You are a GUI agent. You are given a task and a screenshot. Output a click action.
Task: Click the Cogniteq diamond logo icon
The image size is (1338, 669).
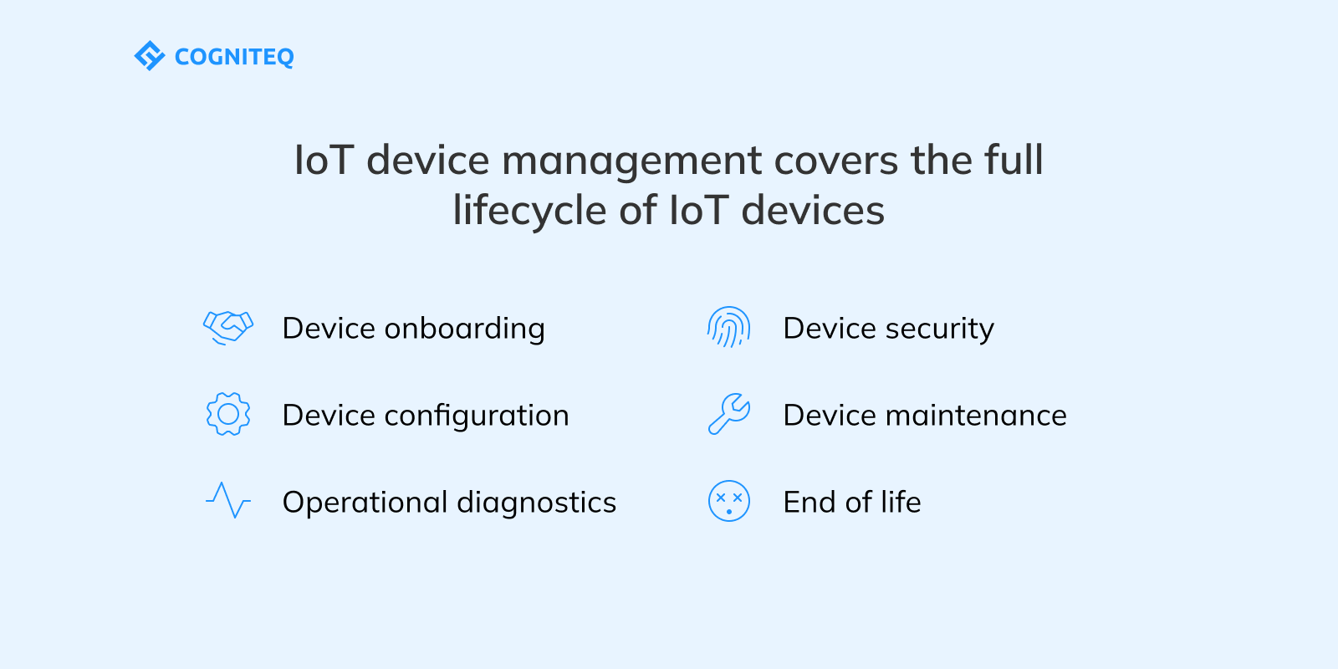tap(149, 56)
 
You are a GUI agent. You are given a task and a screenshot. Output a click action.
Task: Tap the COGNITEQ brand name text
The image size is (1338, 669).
tap(234, 57)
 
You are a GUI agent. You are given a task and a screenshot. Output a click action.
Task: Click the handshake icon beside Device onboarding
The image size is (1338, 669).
tap(228, 327)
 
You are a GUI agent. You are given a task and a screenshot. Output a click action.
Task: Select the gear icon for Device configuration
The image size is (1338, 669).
tap(228, 414)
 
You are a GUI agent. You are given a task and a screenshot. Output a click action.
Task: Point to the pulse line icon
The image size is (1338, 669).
tap(228, 500)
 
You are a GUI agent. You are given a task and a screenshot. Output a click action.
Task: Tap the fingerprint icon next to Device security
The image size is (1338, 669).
tap(728, 327)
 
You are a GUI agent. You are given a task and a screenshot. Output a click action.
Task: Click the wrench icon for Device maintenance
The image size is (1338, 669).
tap(728, 414)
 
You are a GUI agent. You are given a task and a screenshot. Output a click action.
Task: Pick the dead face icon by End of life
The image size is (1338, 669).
tap(728, 501)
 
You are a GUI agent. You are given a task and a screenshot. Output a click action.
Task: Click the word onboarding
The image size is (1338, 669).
tap(464, 329)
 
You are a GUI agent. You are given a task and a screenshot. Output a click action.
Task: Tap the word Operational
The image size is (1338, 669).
tap(365, 503)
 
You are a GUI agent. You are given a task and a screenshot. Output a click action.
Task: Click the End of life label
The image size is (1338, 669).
tap(851, 503)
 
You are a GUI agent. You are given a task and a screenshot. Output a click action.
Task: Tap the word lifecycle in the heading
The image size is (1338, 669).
tap(530, 211)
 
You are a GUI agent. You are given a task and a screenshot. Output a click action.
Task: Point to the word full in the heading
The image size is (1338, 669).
tap(1014, 161)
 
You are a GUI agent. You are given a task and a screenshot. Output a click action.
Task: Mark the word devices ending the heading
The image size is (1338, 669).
tap(812, 211)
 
